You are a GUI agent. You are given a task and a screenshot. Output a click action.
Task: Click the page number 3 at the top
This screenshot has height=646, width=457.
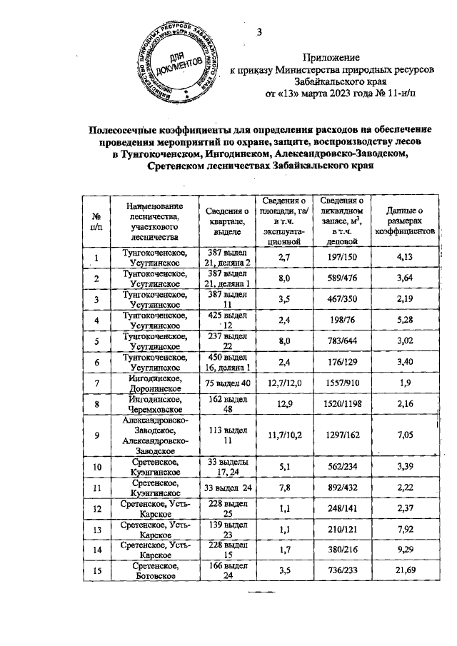click(260, 31)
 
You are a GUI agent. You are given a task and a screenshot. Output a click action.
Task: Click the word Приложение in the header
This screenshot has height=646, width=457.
click(331, 56)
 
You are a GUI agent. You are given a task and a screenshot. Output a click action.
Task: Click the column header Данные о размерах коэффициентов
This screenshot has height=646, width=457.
click(405, 221)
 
